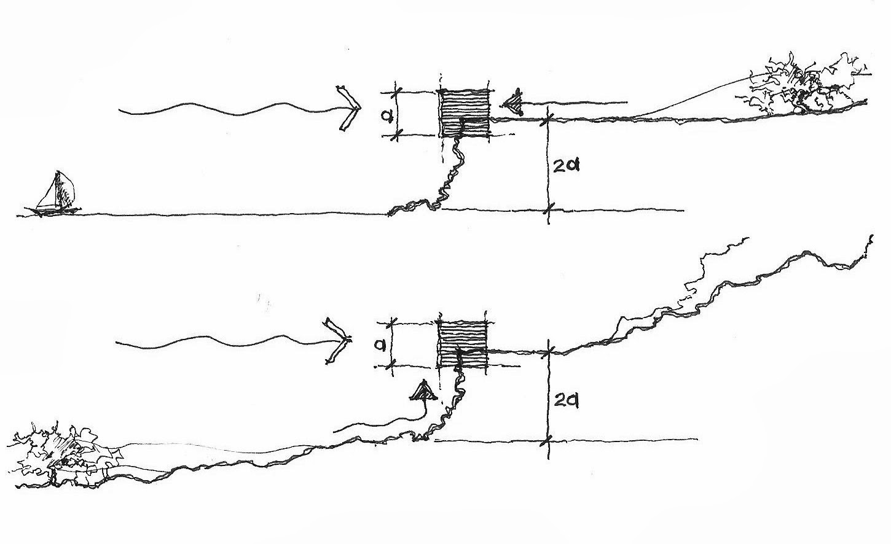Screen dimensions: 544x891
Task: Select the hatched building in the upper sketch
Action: pyautogui.click(x=465, y=113)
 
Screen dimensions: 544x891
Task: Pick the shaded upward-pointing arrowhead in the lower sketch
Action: pyautogui.click(x=422, y=391)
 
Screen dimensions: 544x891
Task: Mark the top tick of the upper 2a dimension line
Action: pyautogui.click(x=548, y=120)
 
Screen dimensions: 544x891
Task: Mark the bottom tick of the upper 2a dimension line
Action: pyautogui.click(x=548, y=211)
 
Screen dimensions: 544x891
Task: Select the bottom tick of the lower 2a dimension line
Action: pyautogui.click(x=548, y=440)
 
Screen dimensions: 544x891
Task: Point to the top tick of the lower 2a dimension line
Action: pyautogui.click(x=548, y=352)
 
